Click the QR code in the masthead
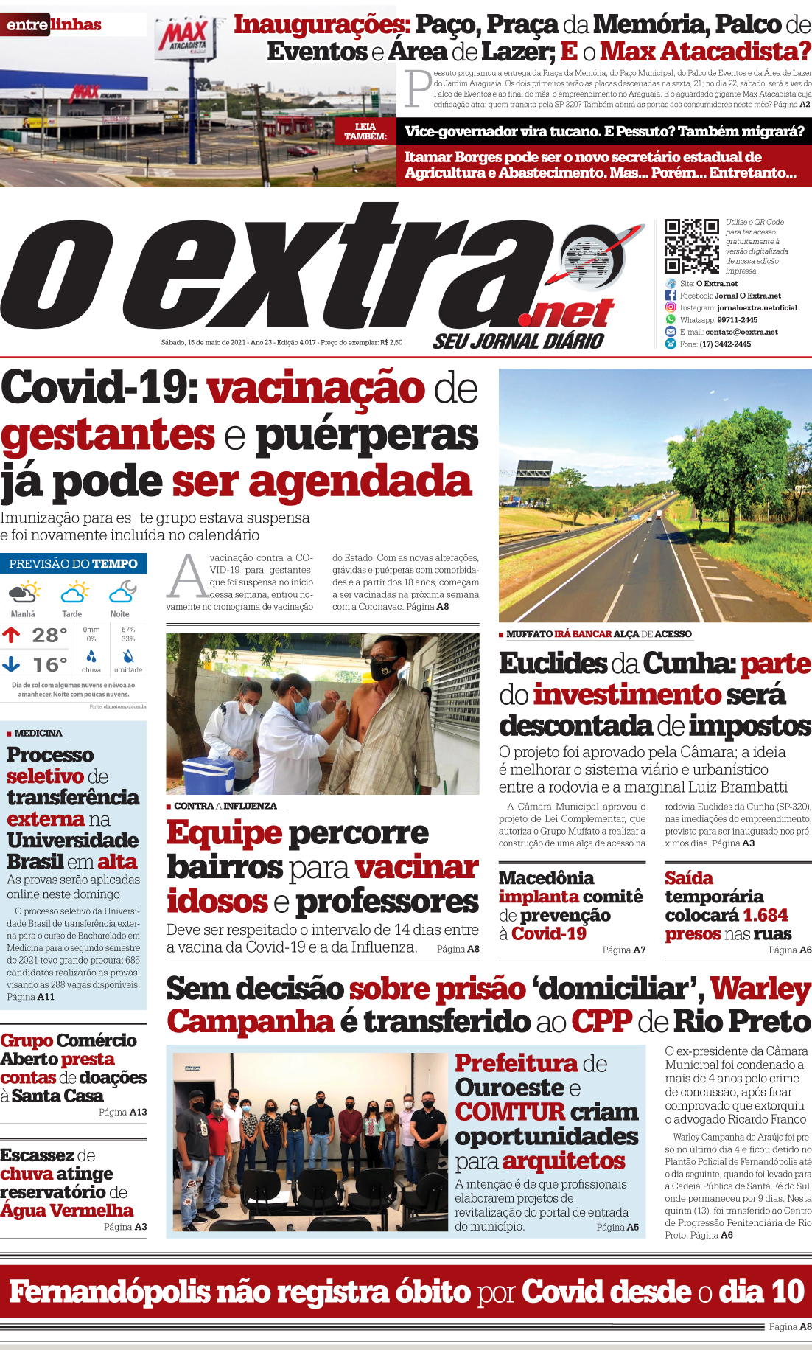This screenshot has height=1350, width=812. tap(691, 246)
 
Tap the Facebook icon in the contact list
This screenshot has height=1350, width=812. tap(671, 295)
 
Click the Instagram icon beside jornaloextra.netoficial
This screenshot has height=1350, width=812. tap(671, 307)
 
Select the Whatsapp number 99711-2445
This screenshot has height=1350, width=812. tap(737, 320)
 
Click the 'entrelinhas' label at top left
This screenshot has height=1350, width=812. tap(54, 24)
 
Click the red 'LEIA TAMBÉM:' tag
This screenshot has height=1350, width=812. tap(365, 131)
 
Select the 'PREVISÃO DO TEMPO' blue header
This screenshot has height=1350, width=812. tap(74, 564)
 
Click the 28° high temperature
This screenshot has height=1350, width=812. tap(49, 635)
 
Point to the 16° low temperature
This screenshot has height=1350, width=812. tap(49, 665)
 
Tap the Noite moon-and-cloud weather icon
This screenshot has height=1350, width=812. tap(122, 592)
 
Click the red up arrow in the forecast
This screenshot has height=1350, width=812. tap(11, 634)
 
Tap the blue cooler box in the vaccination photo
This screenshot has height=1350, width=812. tap(209, 774)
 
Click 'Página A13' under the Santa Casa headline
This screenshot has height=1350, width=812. tap(122, 1112)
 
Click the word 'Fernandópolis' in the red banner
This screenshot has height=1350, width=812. tap(110, 1292)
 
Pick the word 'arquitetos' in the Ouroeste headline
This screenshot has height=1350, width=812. tap(564, 1161)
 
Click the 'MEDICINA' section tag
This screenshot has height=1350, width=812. tap(38, 733)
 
